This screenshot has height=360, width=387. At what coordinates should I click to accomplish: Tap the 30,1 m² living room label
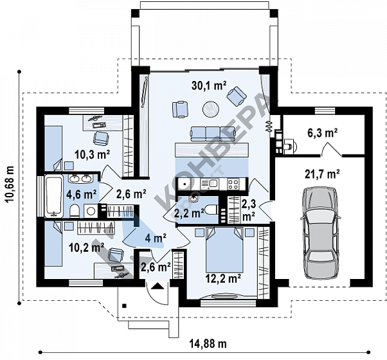pos(209,85)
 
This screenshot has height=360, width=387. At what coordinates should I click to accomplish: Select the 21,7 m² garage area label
pos(322,174)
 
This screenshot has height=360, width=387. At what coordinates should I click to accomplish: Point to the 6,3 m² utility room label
pos(323,133)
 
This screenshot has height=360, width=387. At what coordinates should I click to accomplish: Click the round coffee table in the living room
pos(211,109)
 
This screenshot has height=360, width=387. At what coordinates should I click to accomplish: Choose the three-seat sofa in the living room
pos(213,134)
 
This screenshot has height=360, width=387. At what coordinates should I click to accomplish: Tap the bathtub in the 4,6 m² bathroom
pos(53,196)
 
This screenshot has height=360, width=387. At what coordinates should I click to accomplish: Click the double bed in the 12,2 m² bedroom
pos(224,249)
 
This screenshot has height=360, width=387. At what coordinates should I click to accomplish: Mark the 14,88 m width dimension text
pos(208,343)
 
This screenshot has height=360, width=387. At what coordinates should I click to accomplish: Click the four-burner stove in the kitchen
pos(233,184)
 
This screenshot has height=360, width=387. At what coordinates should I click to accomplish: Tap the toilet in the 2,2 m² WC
pos(212,210)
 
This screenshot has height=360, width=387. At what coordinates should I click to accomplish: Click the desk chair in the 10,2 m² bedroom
pos(116,255)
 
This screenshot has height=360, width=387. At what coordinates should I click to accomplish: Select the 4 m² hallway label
pos(156,238)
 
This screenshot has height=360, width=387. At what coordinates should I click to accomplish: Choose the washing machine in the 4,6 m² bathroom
pos(91,211)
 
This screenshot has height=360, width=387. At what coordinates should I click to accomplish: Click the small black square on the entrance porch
pos(125,306)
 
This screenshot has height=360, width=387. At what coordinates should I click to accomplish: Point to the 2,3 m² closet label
pos(249,210)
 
